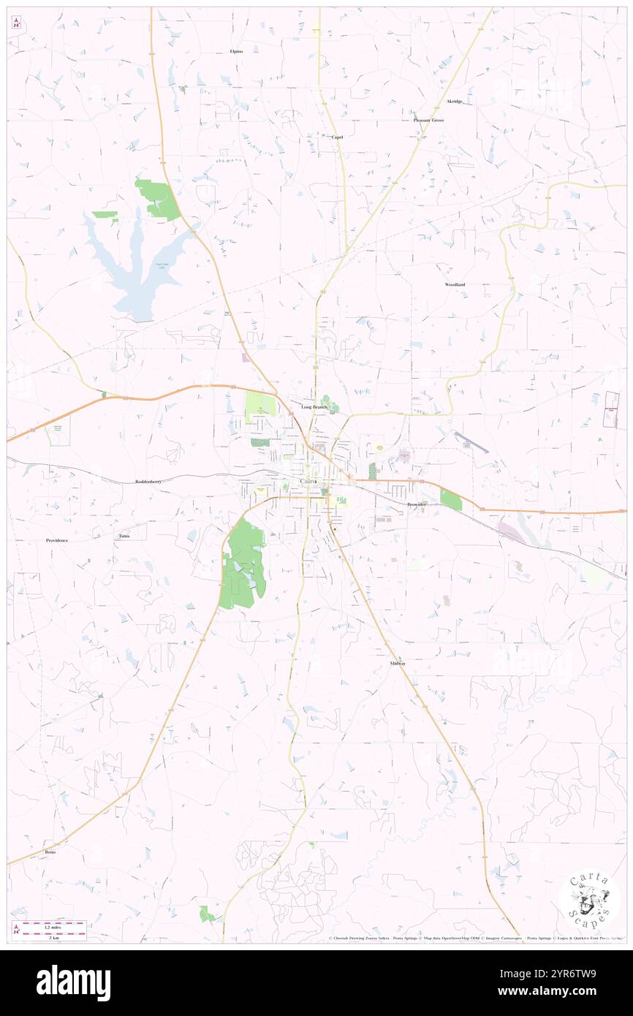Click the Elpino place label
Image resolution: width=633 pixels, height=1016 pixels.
coord(235,51)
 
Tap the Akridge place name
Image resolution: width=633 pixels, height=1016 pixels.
coord(454,101)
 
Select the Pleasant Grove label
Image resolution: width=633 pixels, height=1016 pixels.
coord(428,120)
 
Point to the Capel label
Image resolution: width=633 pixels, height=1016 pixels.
coord(337,137)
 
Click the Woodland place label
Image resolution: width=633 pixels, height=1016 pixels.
coord(455,284)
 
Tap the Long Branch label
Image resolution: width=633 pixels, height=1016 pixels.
coord(314,406)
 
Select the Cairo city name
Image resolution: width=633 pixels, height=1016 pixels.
coord(309,482)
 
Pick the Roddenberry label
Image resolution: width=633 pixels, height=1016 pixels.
coord(151,482)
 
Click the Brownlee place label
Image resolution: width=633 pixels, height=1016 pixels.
coord(417,504)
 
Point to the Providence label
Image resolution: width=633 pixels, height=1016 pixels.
coord(57,540)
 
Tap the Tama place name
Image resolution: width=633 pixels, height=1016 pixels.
coord(124,536)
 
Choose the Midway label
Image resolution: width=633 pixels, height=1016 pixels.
coord(398,663)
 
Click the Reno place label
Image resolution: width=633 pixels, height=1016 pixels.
coord(50,852)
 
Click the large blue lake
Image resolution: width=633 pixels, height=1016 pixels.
coord(139,270)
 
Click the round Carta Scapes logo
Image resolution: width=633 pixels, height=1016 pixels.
coord(589,902)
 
